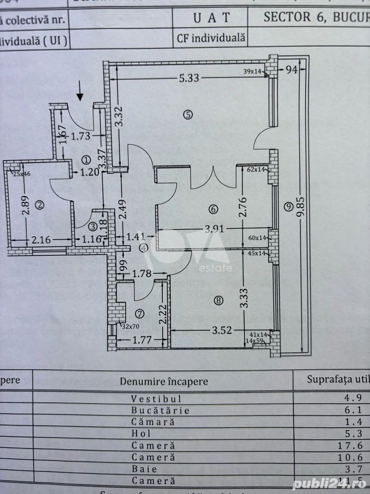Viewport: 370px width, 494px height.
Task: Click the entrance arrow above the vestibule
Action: pyautogui.click(x=80, y=91)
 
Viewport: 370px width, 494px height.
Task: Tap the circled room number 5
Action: pyautogui.click(x=188, y=115)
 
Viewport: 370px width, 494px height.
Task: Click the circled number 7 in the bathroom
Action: pyautogui.click(x=140, y=313)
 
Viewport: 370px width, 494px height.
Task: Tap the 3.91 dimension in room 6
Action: pyautogui.click(x=215, y=229)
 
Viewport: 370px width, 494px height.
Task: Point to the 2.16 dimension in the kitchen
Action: pyautogui.click(x=42, y=238)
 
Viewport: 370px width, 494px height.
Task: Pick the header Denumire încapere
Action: pyautogui.click(x=164, y=381)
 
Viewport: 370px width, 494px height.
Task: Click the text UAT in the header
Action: pyautogui.click(x=211, y=18)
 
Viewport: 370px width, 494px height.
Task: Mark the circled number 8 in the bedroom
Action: pyautogui.click(x=219, y=301)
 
